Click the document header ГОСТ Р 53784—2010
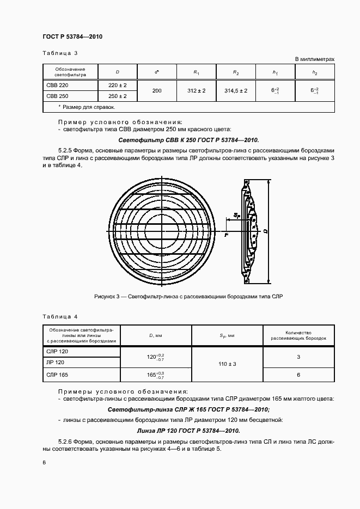[72, 36]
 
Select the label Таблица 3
[60, 53]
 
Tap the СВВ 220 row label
[57, 85]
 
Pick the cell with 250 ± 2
[118, 96]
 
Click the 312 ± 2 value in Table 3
[196, 91]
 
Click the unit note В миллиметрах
[314, 58]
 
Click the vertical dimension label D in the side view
[265, 231]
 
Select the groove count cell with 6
[298, 375]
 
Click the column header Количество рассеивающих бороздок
[298, 335]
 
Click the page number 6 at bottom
[44, 462]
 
